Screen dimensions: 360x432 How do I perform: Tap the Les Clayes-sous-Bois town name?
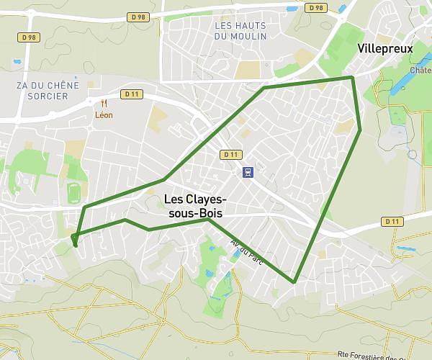click(195, 206)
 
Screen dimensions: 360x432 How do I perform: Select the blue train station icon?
click(248, 172)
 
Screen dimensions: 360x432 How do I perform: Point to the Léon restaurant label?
click(104, 115)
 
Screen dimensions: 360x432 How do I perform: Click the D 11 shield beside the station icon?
click(230, 154)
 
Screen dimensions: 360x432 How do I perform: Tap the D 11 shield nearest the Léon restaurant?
click(130, 94)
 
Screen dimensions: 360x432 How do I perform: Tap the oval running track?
click(73, 192)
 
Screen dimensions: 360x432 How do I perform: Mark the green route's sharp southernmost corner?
click(294, 282)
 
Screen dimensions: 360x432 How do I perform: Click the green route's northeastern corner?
click(351, 77)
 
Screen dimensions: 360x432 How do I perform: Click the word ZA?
click(22, 85)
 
